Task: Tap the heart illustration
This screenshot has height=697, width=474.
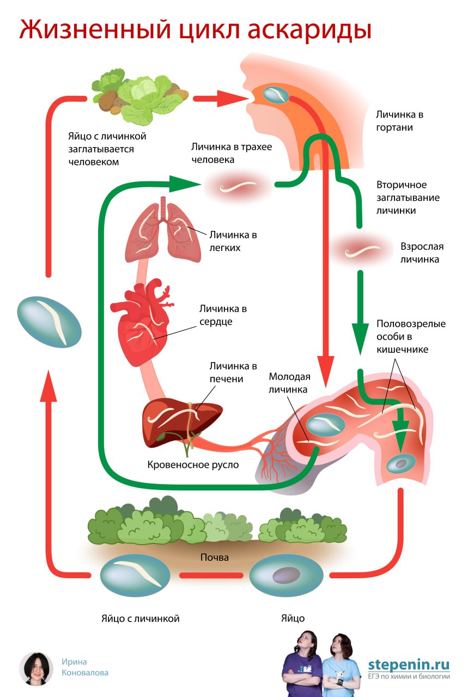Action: pyautogui.click(x=143, y=324)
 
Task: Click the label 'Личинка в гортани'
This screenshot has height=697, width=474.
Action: pyautogui.click(x=399, y=121)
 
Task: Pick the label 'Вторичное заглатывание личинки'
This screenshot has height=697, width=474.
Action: pyautogui.click(x=408, y=197)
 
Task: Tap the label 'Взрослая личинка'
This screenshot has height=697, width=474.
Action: pyautogui.click(x=420, y=253)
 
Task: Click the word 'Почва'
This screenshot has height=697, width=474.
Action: pyautogui.click(x=214, y=558)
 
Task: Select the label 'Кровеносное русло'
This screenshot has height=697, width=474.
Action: pyautogui.click(x=193, y=464)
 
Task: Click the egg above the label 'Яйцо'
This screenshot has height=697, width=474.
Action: pyautogui.click(x=286, y=575)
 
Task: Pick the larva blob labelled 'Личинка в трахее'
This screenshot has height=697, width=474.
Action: pyautogui.click(x=238, y=187)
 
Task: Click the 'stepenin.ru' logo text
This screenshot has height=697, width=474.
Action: pyautogui.click(x=409, y=664)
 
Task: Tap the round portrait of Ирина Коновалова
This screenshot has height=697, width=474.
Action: pyautogui.click(x=36, y=668)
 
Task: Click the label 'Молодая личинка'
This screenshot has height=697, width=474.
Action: pyautogui.click(x=289, y=383)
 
